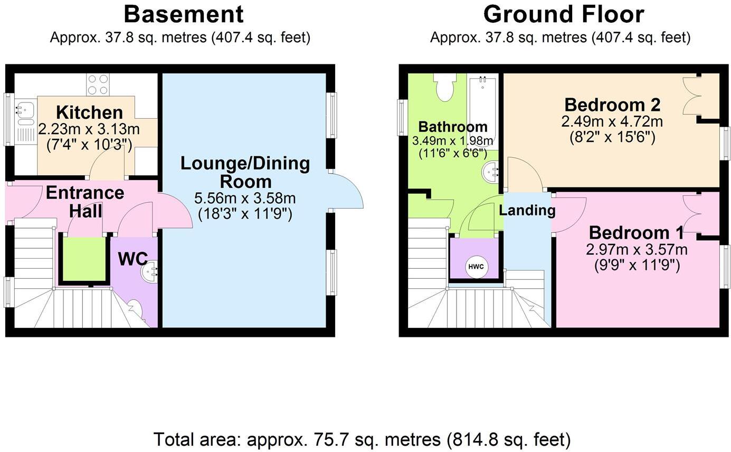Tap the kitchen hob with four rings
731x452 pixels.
point(98,84)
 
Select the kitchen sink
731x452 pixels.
point(24,111)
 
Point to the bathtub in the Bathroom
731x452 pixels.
point(482,106)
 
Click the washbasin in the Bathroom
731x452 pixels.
point(491,172)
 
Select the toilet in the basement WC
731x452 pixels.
point(135,308)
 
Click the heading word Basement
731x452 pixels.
point(184,14)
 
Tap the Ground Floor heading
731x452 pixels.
point(563,14)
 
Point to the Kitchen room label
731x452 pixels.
point(89,112)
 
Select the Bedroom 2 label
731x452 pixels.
point(612,103)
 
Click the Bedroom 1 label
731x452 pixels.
point(636,232)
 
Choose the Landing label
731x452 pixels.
point(527,210)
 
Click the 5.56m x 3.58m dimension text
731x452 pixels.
point(244,199)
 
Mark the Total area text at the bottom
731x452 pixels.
point(362,439)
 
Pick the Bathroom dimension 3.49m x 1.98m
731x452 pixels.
point(453,141)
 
